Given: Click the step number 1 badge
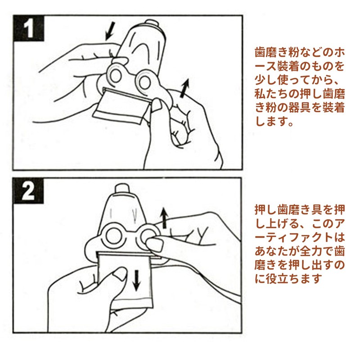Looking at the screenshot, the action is (x=28, y=28).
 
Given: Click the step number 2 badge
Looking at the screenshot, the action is (x=28, y=191).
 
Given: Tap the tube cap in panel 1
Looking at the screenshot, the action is (x=150, y=23).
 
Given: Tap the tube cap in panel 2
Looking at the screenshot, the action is (x=122, y=189).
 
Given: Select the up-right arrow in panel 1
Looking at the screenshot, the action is (x=184, y=88).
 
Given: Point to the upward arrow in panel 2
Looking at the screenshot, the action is (x=164, y=218).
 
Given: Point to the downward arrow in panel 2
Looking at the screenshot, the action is (x=137, y=280).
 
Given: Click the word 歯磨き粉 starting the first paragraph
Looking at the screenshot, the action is (x=277, y=53).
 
